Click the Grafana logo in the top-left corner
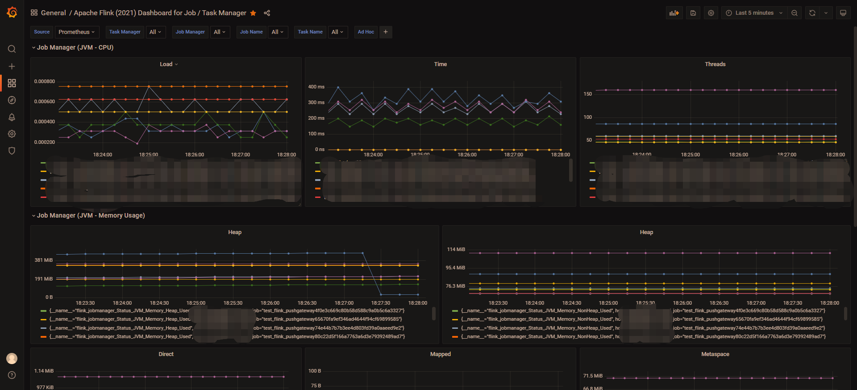click(x=12, y=13)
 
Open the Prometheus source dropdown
click(x=76, y=32)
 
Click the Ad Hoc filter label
click(x=366, y=32)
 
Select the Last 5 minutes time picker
click(x=754, y=13)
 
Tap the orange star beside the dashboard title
click(x=253, y=13)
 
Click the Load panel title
click(x=166, y=64)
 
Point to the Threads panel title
click(x=715, y=64)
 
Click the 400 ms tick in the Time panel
click(x=316, y=87)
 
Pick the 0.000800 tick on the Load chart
click(x=45, y=81)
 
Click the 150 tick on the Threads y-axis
click(x=587, y=94)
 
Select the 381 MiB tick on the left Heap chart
click(x=44, y=260)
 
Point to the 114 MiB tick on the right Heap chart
click(x=456, y=249)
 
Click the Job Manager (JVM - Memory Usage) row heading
click(x=91, y=215)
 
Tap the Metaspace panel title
click(x=715, y=354)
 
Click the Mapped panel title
click(x=440, y=354)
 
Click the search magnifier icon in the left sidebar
click(x=12, y=49)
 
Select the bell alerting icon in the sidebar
click(x=12, y=117)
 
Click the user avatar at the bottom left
click(x=12, y=358)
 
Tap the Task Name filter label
click(x=310, y=32)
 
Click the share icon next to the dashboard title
click(x=267, y=13)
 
